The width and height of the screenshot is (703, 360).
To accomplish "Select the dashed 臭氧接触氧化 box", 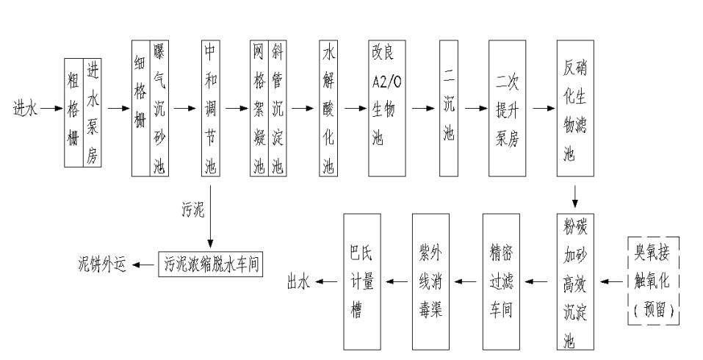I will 652,281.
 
